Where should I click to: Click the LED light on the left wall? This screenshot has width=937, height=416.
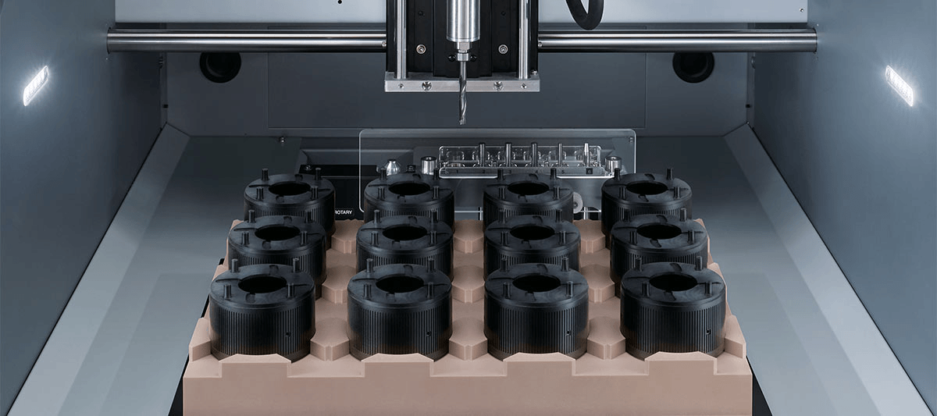click(x=36, y=86)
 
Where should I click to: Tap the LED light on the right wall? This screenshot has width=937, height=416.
click(x=900, y=85)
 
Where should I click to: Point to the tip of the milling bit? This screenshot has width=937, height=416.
click(x=462, y=123)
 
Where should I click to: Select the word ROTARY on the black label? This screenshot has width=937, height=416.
click(x=344, y=212)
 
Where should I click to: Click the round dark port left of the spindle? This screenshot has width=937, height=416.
click(x=220, y=66)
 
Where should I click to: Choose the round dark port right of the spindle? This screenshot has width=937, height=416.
click(x=693, y=67)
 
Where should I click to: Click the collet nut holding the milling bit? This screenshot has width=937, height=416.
click(x=461, y=55)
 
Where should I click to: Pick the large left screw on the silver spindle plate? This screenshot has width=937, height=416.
click(x=426, y=86)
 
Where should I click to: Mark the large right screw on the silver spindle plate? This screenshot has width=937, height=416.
click(x=498, y=86)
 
